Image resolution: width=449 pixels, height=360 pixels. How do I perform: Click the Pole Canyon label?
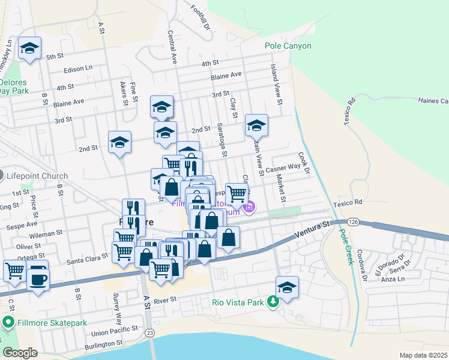[x=288, y=46]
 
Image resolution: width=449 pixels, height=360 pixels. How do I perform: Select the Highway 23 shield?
[x=150, y=331]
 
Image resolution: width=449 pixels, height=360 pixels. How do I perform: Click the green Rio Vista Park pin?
[x=273, y=302]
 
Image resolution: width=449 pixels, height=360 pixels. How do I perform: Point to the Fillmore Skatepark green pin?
[x=8, y=323]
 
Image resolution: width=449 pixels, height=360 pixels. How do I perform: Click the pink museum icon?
[x=249, y=208]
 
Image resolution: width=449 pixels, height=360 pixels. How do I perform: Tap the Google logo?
[x=20, y=353]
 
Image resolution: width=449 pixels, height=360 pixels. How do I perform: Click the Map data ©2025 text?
[x=423, y=355]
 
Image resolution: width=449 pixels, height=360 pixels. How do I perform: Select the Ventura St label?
[x=313, y=231]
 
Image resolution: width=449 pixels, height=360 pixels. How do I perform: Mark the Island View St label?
[x=276, y=84]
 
